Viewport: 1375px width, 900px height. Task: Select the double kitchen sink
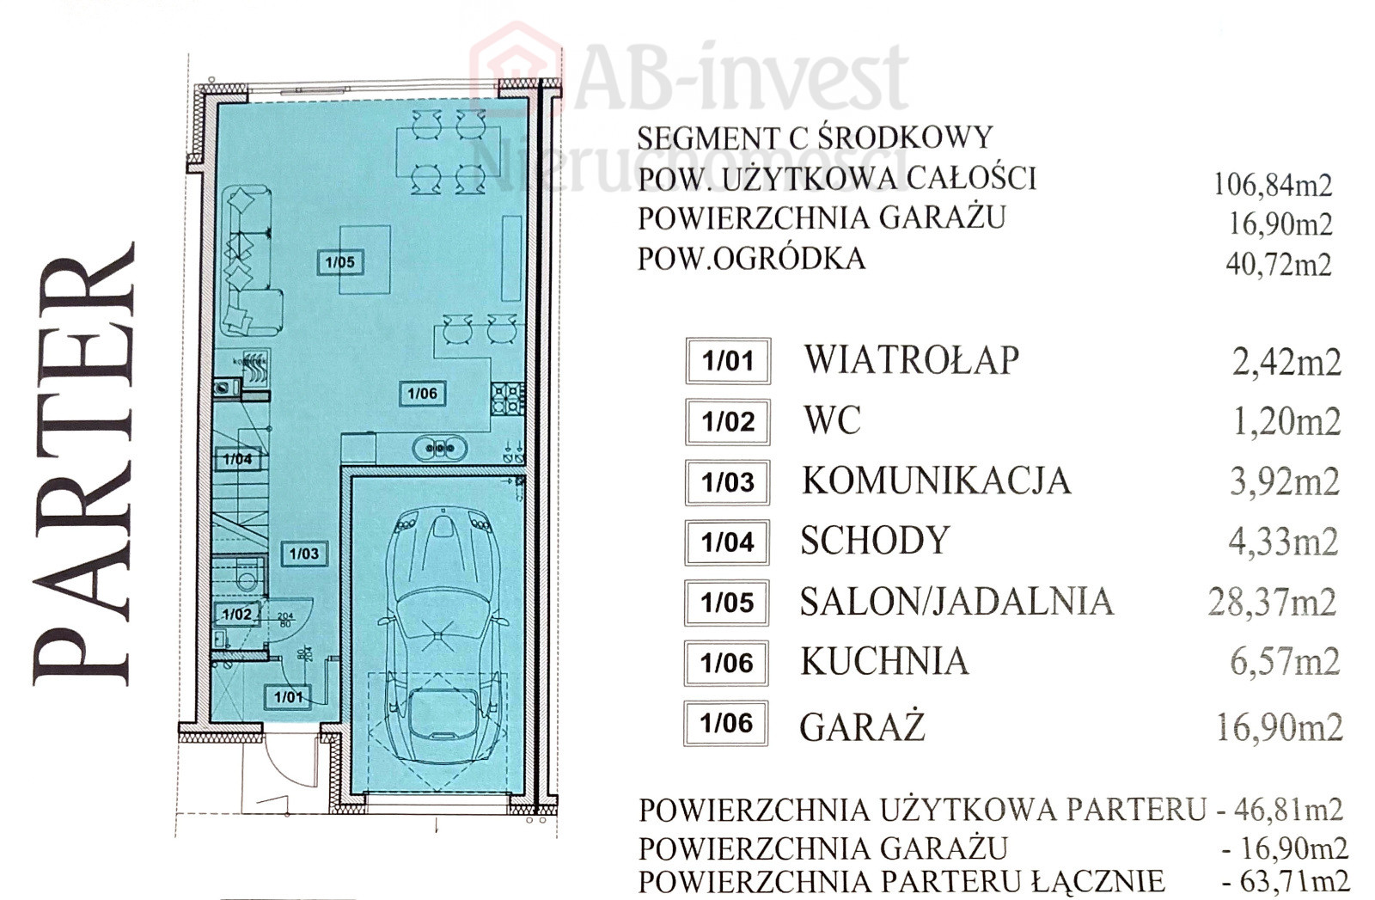tap(440, 448)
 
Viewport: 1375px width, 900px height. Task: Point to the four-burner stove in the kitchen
tap(508, 398)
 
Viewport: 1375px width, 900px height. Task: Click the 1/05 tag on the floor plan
tap(340, 262)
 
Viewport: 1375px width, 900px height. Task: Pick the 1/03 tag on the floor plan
tap(304, 554)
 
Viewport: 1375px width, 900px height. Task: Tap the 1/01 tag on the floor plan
tap(289, 697)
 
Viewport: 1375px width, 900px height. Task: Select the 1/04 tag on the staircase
tap(237, 458)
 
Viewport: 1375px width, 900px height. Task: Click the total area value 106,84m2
tap(1274, 185)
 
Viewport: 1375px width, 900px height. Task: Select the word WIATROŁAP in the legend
tap(912, 360)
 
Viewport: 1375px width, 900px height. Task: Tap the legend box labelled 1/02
tap(728, 422)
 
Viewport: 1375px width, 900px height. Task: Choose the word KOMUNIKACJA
tap(937, 481)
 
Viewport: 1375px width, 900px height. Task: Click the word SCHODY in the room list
tap(876, 540)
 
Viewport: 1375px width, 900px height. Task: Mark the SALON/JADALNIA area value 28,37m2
tap(1273, 603)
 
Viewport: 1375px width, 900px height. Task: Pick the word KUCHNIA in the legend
tap(885, 662)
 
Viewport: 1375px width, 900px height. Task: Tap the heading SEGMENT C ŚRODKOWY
tap(815, 138)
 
